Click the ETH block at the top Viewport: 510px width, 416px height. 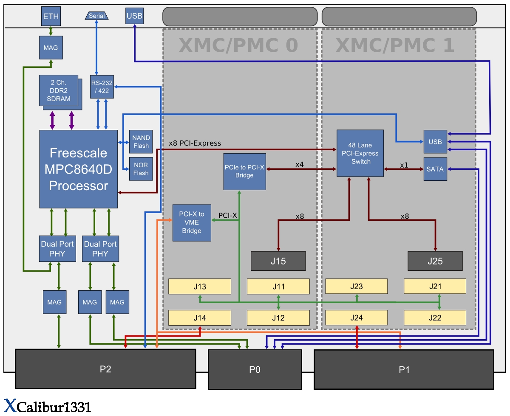pyautogui.click(x=51, y=17)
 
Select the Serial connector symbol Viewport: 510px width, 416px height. pyautogui.click(x=97, y=16)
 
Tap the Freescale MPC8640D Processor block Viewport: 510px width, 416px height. pyautogui.click(x=78, y=169)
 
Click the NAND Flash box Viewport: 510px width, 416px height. pyautogui.click(x=141, y=142)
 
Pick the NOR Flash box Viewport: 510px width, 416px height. pyautogui.click(x=141, y=169)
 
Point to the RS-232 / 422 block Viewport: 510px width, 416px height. pyautogui.click(x=102, y=87)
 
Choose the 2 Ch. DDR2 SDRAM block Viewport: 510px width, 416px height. pyautogui.click(x=59, y=90)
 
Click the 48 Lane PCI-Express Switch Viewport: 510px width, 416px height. pyautogui.click(x=360, y=153)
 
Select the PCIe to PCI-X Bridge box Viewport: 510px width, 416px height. pyautogui.click(x=244, y=171)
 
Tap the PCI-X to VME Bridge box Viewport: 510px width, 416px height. pyautogui.click(x=192, y=223)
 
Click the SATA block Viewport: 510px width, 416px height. pyautogui.click(x=435, y=169)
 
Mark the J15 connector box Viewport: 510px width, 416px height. pyautogui.click(x=278, y=261)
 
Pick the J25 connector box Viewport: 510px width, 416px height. pyautogui.click(x=435, y=261)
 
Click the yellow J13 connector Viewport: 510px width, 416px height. pyautogui.click(x=200, y=287)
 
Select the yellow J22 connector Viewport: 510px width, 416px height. pyautogui.click(x=435, y=318)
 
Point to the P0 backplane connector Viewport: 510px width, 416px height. pyautogui.click(x=255, y=369)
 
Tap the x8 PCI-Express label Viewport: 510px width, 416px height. pyautogui.click(x=195, y=143)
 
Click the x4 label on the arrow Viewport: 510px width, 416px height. pyautogui.click(x=300, y=164)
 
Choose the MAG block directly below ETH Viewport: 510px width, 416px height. pyautogui.click(x=51, y=48)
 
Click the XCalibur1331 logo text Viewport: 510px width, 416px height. pyautogui.click(x=48, y=406)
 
